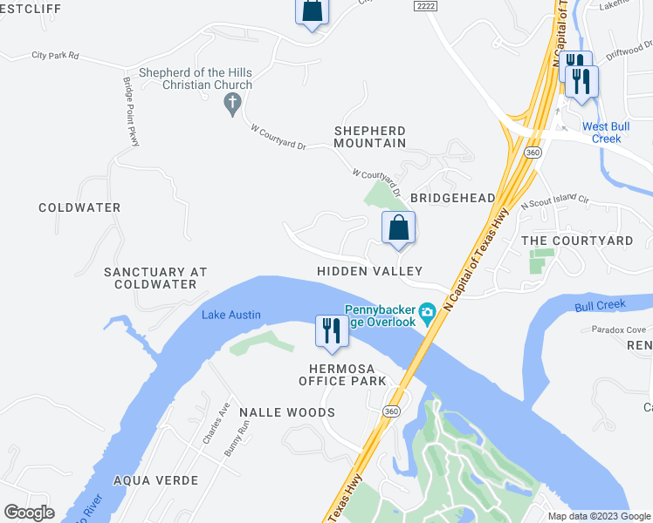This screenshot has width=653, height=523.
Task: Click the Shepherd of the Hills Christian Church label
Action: pos(196,78)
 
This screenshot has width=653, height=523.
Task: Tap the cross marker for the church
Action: pos(232,105)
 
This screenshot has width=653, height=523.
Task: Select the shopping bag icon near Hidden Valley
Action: pos(398,228)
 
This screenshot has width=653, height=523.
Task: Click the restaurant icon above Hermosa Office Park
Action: pos(331,332)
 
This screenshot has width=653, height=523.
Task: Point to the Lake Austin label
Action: pos(230,315)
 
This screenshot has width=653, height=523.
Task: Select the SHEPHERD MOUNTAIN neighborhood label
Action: pos(370,136)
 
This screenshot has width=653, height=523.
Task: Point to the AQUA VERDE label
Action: pos(155,480)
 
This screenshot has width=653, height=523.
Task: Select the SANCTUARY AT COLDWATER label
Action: pos(155,278)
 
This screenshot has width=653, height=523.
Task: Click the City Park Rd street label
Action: pos(55,56)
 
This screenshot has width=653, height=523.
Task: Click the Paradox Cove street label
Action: pos(618,329)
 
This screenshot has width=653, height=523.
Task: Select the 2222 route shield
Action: pos(424,5)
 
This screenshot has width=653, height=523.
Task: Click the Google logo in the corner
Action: pos(29,513)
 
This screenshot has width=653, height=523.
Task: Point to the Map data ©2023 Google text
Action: pos(598,516)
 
